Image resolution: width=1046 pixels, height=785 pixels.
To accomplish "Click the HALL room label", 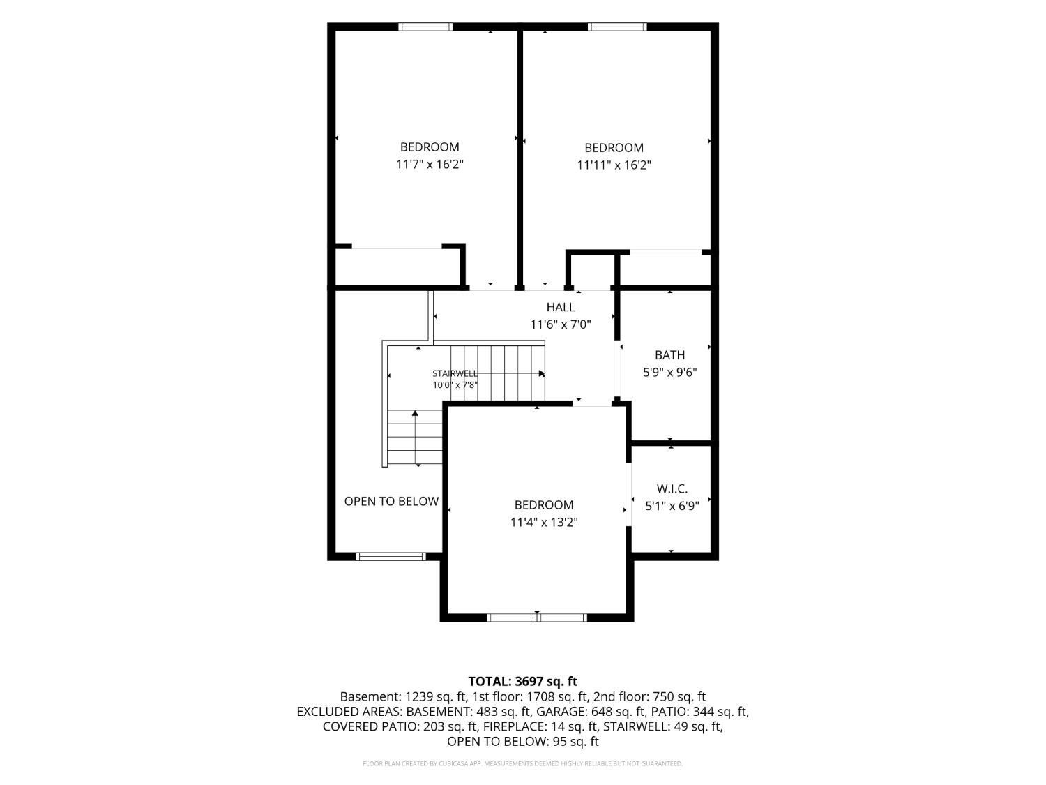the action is click(560, 307).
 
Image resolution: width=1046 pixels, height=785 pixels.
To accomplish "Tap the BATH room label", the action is click(669, 355).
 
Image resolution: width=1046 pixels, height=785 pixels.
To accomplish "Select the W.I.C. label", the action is click(672, 488).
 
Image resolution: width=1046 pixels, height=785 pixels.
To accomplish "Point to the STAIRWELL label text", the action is click(455, 374).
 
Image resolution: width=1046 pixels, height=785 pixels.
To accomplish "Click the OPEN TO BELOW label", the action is click(391, 502).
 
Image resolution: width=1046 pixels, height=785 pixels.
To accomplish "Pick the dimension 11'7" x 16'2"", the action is click(430, 165).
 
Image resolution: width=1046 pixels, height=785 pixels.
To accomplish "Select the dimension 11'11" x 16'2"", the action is click(614, 165).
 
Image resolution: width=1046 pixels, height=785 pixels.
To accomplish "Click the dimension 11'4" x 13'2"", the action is click(544, 523).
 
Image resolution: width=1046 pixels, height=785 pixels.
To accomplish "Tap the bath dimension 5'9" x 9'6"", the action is click(669, 372).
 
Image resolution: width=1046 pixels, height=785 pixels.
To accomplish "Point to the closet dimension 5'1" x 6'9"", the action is click(672, 506).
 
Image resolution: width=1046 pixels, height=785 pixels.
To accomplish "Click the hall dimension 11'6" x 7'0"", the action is click(561, 324).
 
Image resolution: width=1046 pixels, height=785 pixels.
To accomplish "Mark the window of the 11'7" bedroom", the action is click(425, 27).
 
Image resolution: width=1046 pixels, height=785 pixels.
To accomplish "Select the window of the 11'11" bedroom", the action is click(617, 27).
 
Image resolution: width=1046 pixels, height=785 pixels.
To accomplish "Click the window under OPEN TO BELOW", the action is click(391, 556).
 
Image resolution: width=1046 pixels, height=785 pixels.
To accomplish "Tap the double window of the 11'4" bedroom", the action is click(536, 618).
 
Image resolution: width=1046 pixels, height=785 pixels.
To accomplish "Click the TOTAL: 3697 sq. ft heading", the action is click(523, 681).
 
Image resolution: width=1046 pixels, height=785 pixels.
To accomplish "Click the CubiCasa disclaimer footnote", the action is click(523, 763).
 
